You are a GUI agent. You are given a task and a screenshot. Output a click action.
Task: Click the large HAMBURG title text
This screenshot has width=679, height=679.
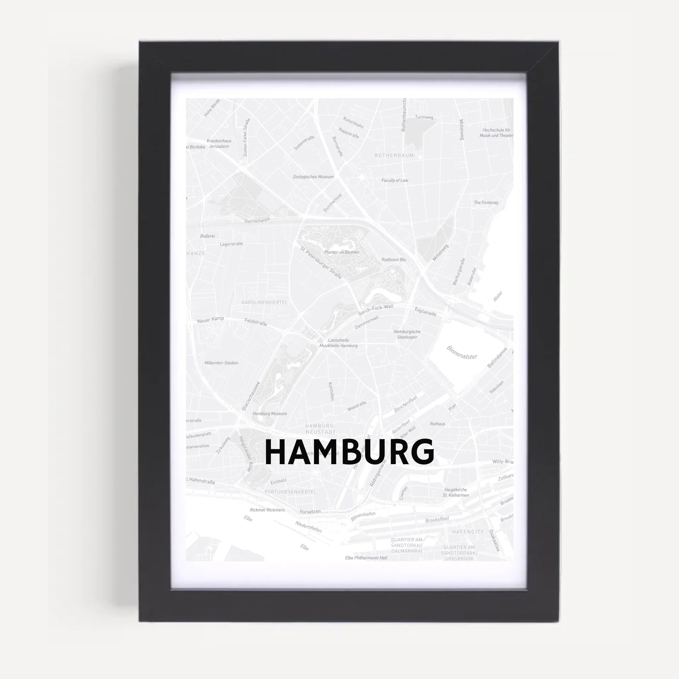click(349, 452)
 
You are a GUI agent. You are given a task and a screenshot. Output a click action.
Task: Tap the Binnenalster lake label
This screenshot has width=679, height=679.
click(462, 352)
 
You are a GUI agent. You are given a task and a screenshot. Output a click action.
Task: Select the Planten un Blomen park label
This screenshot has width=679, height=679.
click(341, 252)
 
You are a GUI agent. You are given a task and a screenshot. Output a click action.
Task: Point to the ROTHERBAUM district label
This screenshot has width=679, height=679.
click(394, 155)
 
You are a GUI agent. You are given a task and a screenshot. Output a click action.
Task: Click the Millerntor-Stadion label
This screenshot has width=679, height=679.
click(221, 363)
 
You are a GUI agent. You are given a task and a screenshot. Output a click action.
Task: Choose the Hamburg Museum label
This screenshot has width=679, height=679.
click(270, 414)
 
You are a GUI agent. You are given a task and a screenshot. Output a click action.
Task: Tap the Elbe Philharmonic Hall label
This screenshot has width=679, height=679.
click(366, 558)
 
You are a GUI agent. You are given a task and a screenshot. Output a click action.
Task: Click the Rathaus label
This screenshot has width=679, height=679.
click(438, 424)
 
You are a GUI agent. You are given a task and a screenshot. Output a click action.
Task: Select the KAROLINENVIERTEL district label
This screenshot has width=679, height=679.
click(264, 302)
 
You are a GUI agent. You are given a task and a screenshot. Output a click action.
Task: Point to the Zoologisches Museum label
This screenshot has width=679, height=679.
click(313, 177)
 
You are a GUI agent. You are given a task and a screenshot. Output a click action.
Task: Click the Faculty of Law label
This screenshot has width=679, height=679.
click(395, 180)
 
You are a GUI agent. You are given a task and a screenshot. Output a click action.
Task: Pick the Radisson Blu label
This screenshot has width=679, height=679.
click(394, 260)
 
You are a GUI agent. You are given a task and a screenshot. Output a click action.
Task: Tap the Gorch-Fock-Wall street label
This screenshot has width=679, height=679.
click(376, 310)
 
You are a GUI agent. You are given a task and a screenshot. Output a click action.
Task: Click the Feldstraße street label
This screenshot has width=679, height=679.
click(256, 322)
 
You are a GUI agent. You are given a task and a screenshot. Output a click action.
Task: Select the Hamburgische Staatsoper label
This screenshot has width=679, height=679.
click(407, 334)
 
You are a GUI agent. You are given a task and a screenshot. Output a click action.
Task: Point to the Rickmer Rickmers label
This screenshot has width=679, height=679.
click(267, 510)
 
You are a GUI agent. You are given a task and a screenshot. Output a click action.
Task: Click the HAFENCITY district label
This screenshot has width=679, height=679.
click(468, 532)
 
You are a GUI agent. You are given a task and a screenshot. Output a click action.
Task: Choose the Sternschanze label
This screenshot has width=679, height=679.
click(257, 220)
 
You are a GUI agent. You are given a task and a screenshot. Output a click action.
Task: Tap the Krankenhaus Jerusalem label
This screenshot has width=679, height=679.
click(219, 143)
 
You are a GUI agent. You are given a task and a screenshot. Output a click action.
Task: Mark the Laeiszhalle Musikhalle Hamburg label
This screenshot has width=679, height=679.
click(339, 343)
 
